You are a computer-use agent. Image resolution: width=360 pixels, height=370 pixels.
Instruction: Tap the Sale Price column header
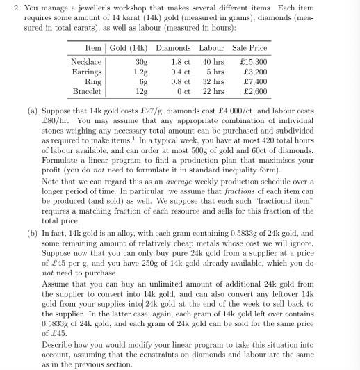(249, 48)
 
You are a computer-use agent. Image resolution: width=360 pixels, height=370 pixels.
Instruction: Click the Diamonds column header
(173, 48)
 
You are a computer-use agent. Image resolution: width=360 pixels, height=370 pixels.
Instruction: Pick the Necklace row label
(86, 62)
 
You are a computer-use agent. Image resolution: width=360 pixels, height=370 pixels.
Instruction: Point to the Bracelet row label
(87, 91)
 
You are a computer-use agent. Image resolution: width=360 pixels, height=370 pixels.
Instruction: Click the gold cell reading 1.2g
(141, 72)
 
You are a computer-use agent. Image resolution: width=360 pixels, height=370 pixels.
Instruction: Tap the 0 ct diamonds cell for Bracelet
(183, 91)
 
